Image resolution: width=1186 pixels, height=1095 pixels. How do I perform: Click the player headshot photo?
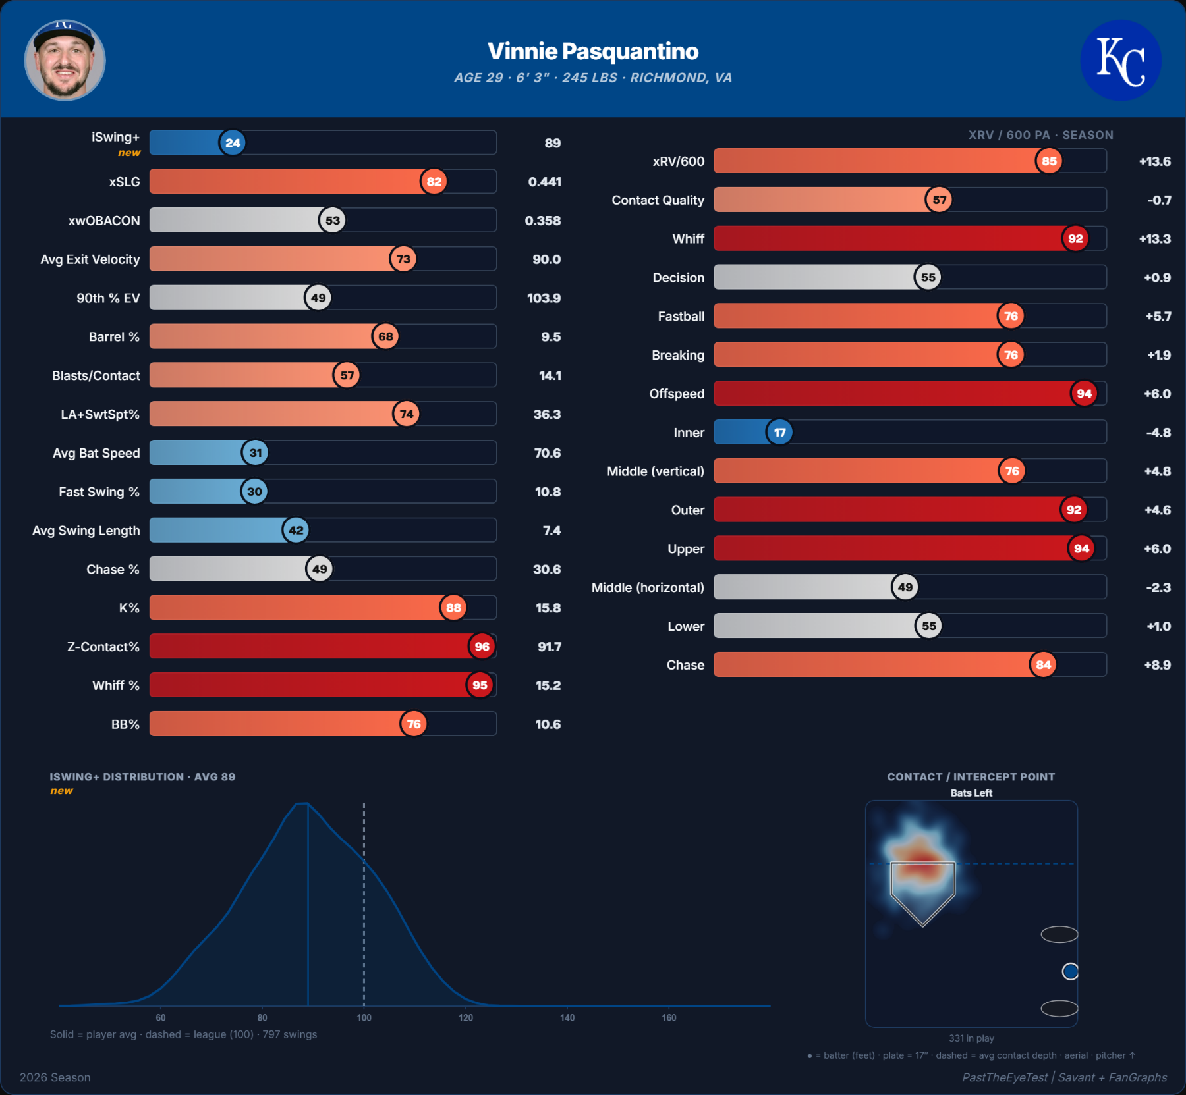click(65, 60)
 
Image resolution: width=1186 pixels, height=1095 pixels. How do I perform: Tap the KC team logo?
click(1120, 60)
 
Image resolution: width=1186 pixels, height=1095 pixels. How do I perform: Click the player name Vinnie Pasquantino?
click(593, 51)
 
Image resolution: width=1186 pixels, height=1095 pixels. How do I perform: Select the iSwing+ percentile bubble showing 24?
click(233, 143)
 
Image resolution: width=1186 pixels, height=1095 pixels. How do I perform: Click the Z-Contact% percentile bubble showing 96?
click(482, 647)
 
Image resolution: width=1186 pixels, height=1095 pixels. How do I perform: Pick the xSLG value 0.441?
click(545, 182)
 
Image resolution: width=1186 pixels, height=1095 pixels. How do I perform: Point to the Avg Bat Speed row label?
click(96, 453)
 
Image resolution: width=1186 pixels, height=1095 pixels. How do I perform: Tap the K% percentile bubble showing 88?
click(453, 608)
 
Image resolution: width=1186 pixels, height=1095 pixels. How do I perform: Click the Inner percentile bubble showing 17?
click(779, 433)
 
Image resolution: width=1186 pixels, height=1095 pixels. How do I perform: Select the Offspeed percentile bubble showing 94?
click(1084, 394)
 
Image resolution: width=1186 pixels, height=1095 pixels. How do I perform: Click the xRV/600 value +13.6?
click(1155, 161)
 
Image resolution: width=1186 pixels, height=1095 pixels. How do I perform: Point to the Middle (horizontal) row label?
click(648, 587)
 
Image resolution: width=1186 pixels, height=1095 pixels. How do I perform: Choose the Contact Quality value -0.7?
click(1159, 200)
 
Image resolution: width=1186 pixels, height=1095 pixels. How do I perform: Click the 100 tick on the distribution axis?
click(364, 1017)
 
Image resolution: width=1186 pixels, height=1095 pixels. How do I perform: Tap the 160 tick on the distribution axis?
click(669, 1017)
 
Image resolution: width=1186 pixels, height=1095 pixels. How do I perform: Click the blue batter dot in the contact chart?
click(1070, 971)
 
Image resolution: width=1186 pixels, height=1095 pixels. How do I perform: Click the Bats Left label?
click(971, 793)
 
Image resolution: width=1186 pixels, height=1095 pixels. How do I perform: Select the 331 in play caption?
click(971, 1038)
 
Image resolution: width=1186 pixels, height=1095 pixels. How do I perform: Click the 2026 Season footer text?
click(55, 1077)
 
